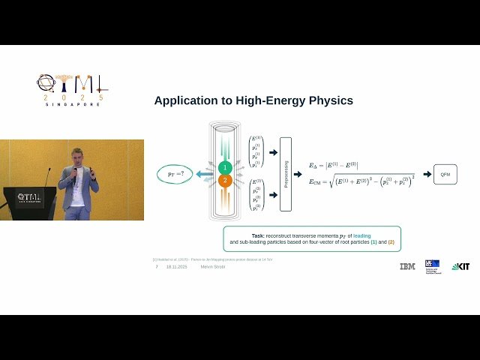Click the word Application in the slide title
click(184, 100)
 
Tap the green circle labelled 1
click(223, 167)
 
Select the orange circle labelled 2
click(223, 181)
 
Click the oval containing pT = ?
click(175, 174)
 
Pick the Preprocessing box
click(285, 174)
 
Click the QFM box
click(445, 174)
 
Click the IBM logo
click(407, 266)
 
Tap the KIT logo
click(460, 266)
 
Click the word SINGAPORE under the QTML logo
click(73, 104)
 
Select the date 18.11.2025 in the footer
click(177, 266)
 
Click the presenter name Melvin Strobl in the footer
click(212, 266)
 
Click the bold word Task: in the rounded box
click(258, 235)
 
